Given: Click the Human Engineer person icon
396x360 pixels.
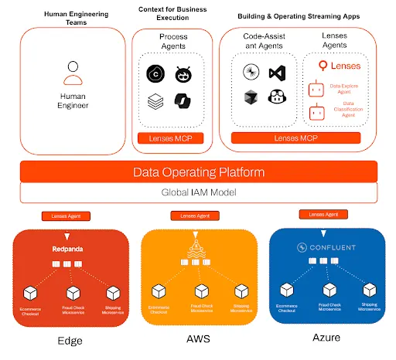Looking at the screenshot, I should click(x=73, y=73).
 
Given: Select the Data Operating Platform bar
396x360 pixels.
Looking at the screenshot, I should click(x=198, y=172).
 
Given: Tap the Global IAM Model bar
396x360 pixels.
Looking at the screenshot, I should click(x=198, y=192).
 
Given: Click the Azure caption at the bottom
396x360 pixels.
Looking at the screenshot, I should click(x=324, y=338).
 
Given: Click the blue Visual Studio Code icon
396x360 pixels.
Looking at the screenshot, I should click(x=276, y=73).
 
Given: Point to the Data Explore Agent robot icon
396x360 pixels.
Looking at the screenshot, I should click(x=316, y=87).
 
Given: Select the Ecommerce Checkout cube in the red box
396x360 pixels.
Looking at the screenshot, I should click(x=31, y=293).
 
